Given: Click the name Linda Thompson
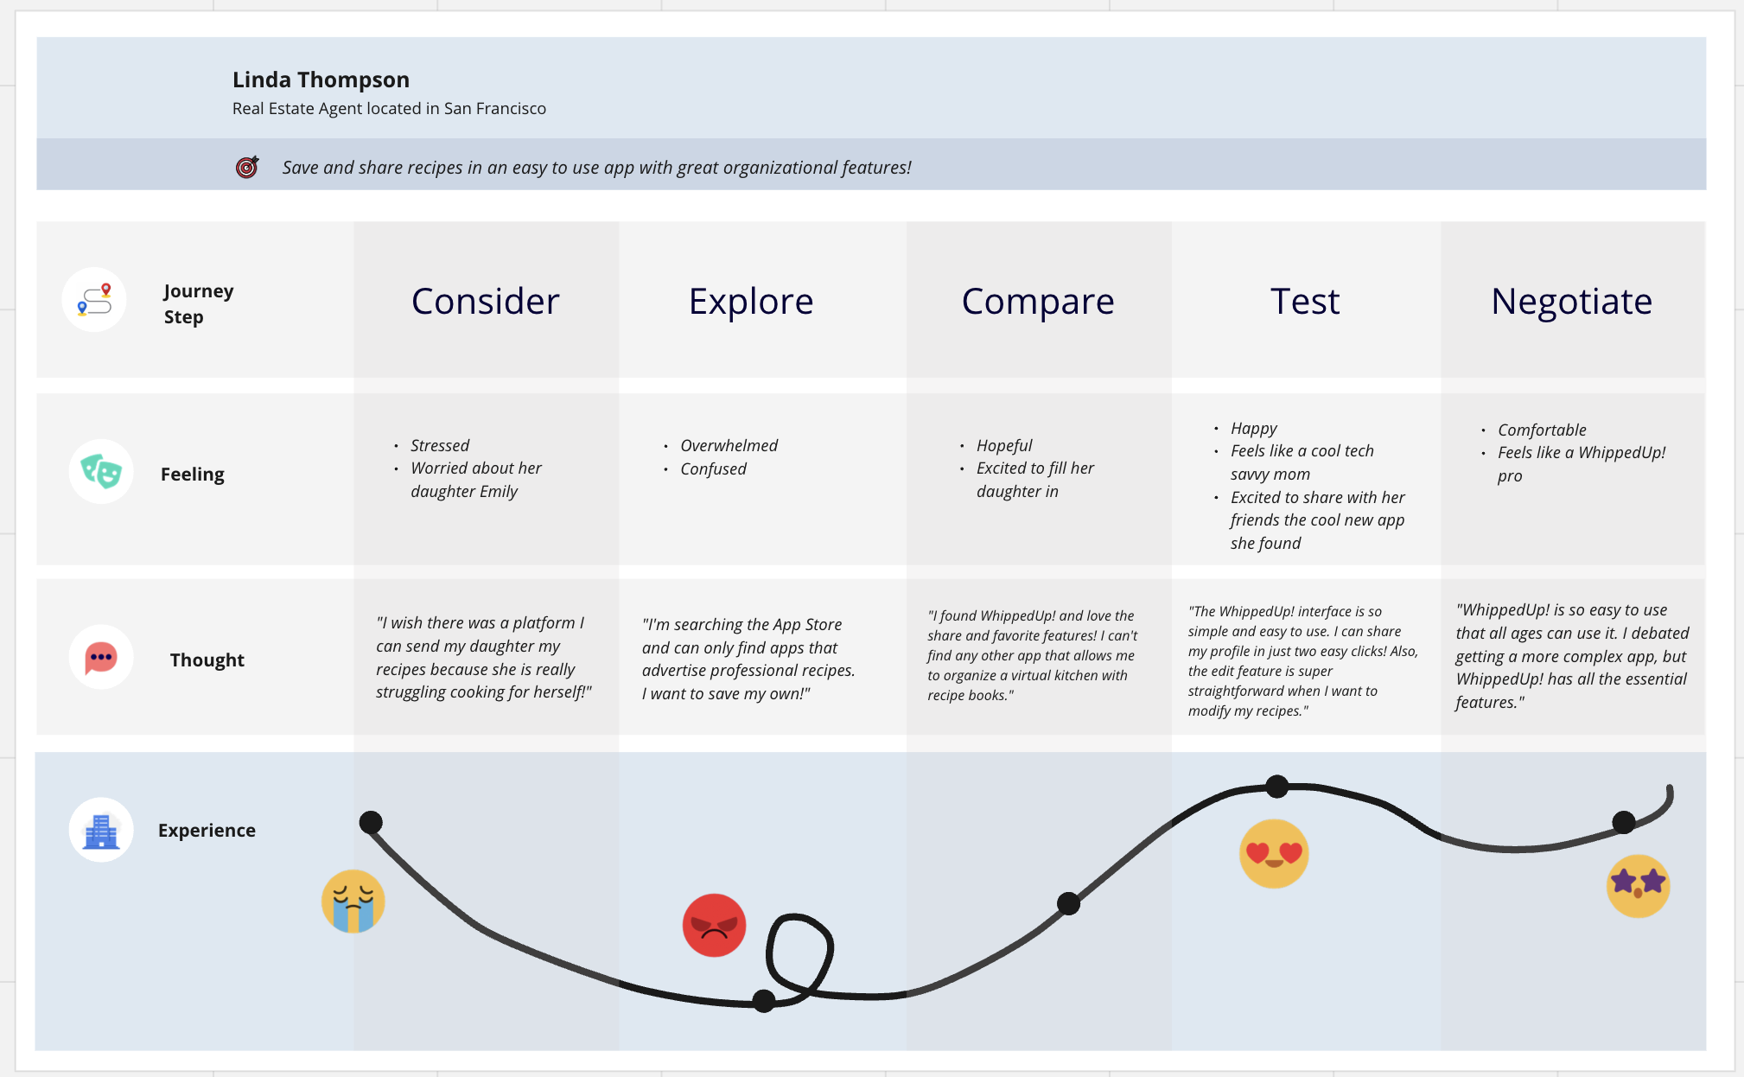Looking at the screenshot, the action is [x=321, y=80].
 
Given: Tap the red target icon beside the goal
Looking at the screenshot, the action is [x=247, y=167].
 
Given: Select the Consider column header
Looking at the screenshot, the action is [x=485, y=301].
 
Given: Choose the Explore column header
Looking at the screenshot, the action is [x=750, y=301].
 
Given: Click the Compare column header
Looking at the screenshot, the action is [x=1037, y=301].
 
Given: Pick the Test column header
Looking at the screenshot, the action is [x=1304, y=301].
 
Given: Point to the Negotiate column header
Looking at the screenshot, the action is [x=1571, y=301].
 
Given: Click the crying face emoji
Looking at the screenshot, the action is [x=353, y=901].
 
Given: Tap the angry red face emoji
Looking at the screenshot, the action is [x=714, y=925].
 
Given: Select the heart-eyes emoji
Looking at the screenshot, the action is [x=1274, y=853].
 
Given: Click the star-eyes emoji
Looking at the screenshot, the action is [x=1638, y=885].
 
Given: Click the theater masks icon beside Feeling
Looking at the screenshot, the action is [x=101, y=472].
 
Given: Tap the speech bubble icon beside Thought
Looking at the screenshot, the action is [x=101, y=658].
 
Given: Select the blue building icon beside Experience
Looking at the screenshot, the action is [x=101, y=830].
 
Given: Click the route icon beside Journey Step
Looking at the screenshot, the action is [x=94, y=300].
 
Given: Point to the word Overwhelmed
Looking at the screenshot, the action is [x=729, y=445].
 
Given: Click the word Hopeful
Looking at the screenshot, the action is [x=1004, y=445].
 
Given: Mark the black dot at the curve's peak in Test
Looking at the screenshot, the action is [x=1276, y=787].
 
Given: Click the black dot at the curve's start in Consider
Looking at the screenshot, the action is [x=371, y=822].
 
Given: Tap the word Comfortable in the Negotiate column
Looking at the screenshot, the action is [x=1542, y=430].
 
